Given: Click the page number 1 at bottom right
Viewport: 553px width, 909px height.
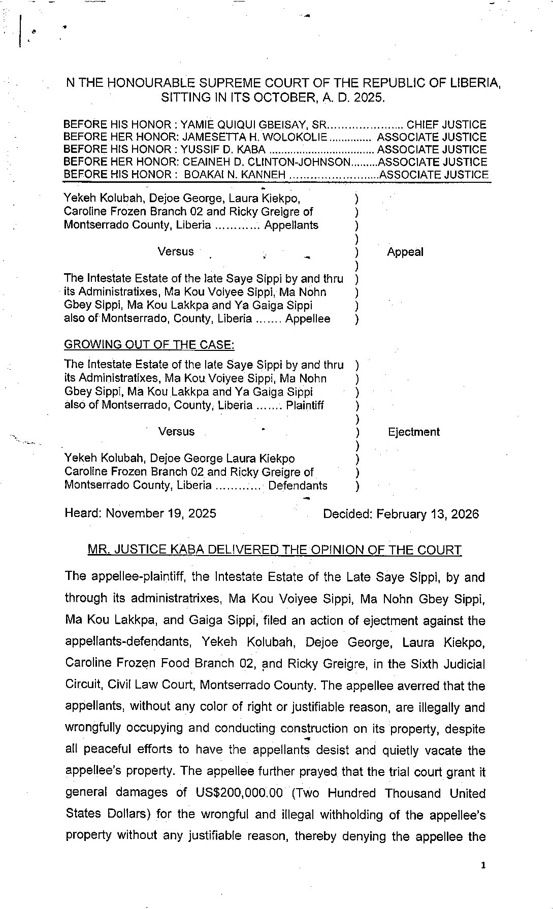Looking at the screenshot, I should point(483,866).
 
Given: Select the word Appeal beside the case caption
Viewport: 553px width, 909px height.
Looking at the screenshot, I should point(405,252).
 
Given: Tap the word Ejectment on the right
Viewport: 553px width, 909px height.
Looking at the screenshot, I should point(413,432).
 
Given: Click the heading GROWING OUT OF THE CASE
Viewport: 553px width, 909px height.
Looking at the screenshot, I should point(149,344).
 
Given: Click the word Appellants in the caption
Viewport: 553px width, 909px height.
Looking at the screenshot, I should point(291,225).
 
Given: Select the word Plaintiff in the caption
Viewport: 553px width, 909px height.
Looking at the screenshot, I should point(305,405).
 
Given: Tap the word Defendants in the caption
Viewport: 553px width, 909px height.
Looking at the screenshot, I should point(298,485).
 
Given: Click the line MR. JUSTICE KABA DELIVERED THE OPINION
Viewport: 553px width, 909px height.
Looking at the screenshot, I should point(275,549).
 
